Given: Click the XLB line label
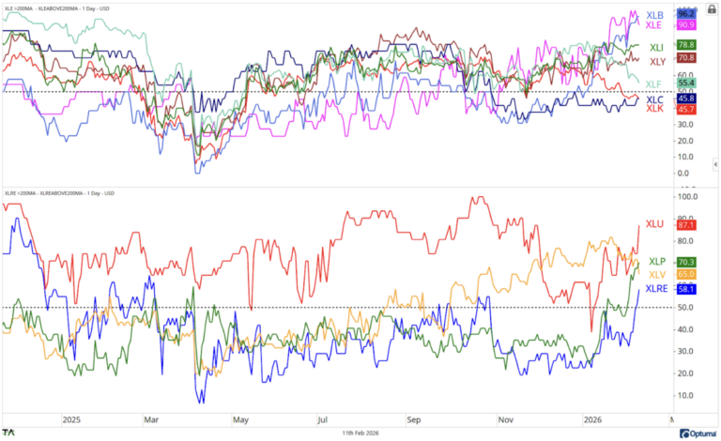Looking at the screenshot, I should [x=653, y=15].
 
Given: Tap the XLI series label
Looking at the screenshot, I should [x=657, y=46].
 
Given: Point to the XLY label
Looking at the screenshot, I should [x=657, y=61].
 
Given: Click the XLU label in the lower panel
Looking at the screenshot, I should [x=657, y=225].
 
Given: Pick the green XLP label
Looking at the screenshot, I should [x=657, y=262].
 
